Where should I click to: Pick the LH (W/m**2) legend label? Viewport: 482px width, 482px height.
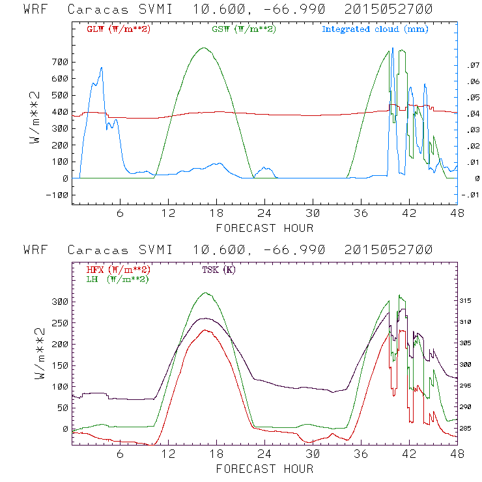tap(117, 279)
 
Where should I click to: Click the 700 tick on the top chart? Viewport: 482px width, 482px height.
tap(59, 62)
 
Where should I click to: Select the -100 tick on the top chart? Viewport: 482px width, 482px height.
tap(57, 195)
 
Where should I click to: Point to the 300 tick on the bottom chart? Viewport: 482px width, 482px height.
tap(59, 302)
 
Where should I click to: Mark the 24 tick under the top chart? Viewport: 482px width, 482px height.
tap(264, 213)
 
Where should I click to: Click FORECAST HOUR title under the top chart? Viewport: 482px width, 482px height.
tap(264, 228)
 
